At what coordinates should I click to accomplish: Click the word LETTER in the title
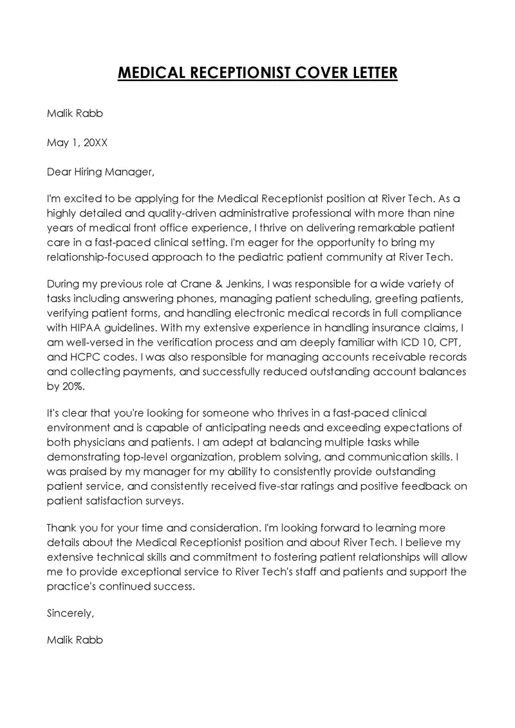(x=368, y=73)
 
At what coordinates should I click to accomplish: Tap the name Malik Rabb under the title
(x=75, y=114)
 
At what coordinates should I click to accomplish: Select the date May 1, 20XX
(x=77, y=143)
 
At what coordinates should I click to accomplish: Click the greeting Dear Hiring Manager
(x=101, y=172)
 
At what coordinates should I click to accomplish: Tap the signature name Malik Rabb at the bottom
(x=75, y=640)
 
